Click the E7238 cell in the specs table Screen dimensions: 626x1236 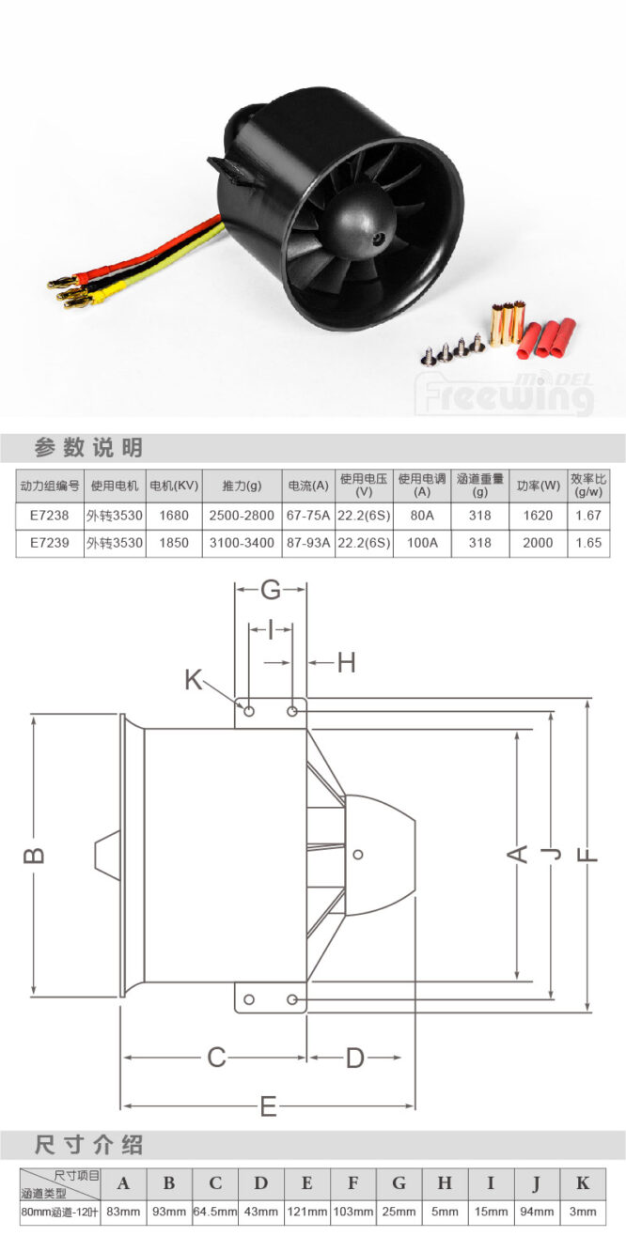50,516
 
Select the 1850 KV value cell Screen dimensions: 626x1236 174,543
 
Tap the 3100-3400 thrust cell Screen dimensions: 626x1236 242,543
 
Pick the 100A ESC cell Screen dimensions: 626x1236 422,543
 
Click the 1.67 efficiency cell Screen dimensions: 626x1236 587,516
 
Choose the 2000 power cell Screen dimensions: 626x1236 538,543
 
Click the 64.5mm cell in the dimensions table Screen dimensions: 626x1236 214,1212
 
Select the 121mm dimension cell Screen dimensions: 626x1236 307,1212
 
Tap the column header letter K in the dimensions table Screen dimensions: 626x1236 583,1183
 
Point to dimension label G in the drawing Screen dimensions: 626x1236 271,590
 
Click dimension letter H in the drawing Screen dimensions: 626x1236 346,663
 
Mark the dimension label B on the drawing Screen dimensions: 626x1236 34,855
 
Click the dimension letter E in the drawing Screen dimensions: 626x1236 269,1106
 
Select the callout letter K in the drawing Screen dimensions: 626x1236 194,680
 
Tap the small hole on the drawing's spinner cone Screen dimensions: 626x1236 358,855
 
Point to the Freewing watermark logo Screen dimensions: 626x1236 504,394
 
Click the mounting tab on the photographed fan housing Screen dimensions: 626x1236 228,171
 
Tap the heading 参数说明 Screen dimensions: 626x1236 89,447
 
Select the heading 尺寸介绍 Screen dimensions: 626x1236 89,1145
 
